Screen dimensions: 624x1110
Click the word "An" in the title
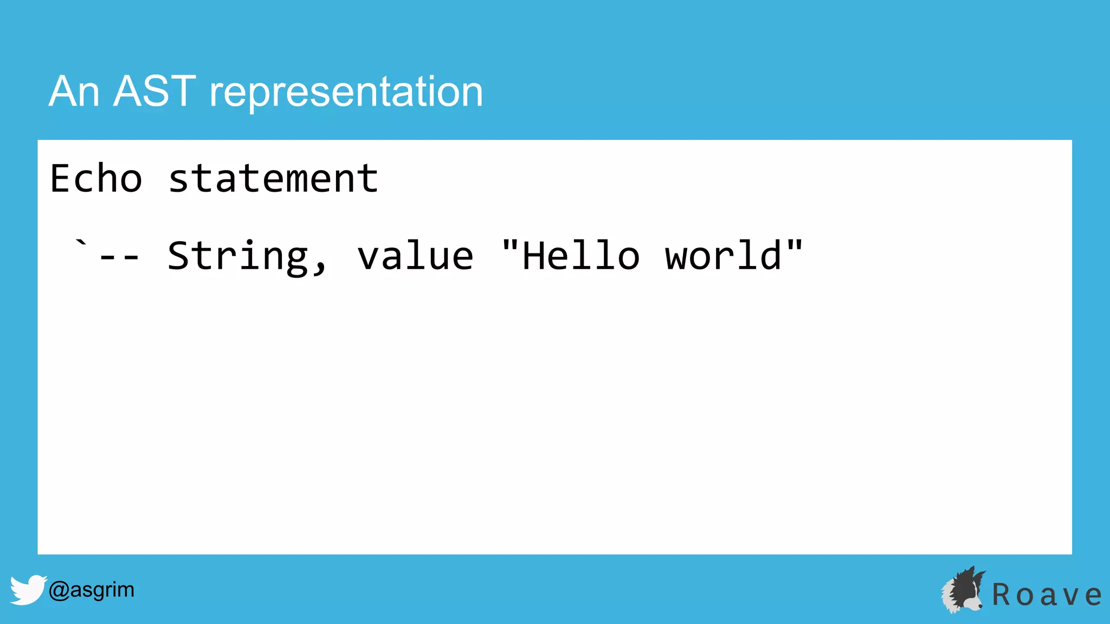click(74, 92)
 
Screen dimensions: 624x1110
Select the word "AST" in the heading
click(154, 92)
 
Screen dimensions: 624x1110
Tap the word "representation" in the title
click(346, 93)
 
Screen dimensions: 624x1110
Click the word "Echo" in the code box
click(96, 178)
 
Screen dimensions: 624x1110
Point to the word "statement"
click(273, 179)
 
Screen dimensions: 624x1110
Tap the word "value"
click(415, 256)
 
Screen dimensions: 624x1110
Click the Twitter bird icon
click(28, 589)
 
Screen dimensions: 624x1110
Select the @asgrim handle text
click(91, 589)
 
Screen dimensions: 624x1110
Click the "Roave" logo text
click(1047, 595)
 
